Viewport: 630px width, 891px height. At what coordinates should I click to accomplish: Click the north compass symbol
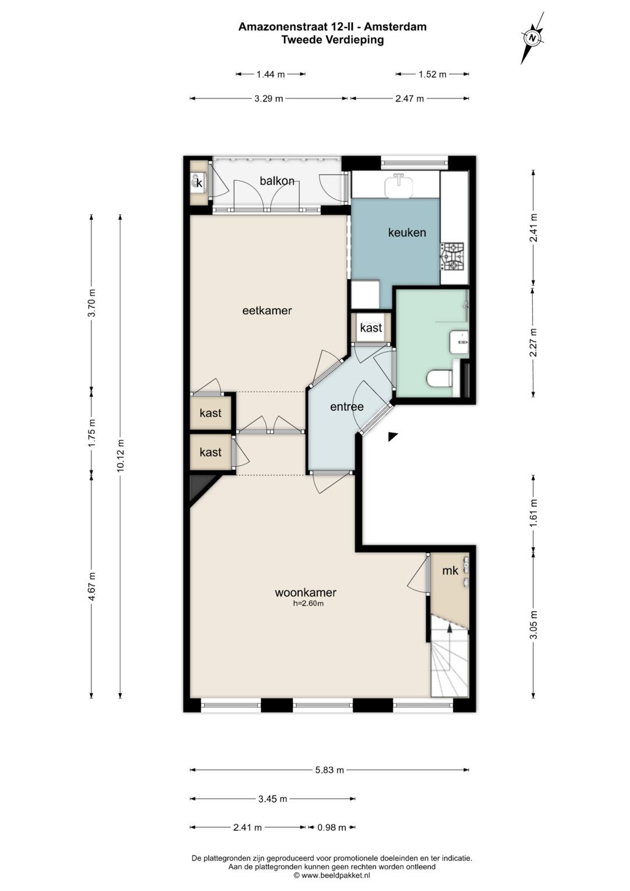pos(533,38)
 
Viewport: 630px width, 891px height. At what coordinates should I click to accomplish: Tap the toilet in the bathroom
pos(439,378)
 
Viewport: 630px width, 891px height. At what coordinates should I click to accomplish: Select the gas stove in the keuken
pos(454,257)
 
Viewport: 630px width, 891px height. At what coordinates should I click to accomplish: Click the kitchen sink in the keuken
pos(399,185)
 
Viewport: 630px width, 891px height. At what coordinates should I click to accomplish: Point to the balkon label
pos(277,181)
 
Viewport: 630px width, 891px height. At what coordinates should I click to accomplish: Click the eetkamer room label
pos(267,310)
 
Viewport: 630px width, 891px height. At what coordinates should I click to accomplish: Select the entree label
pos(347,407)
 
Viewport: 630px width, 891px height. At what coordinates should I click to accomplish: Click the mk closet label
pos(450,571)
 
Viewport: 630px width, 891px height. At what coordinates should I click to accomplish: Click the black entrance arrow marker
pos(393,436)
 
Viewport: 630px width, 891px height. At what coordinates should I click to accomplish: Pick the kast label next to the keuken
pos(370,327)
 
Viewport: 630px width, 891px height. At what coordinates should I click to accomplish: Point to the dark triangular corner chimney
pos(200,488)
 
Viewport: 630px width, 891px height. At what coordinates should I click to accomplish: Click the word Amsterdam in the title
pos(395,27)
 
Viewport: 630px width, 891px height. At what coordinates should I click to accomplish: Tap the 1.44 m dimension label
pos(271,74)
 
